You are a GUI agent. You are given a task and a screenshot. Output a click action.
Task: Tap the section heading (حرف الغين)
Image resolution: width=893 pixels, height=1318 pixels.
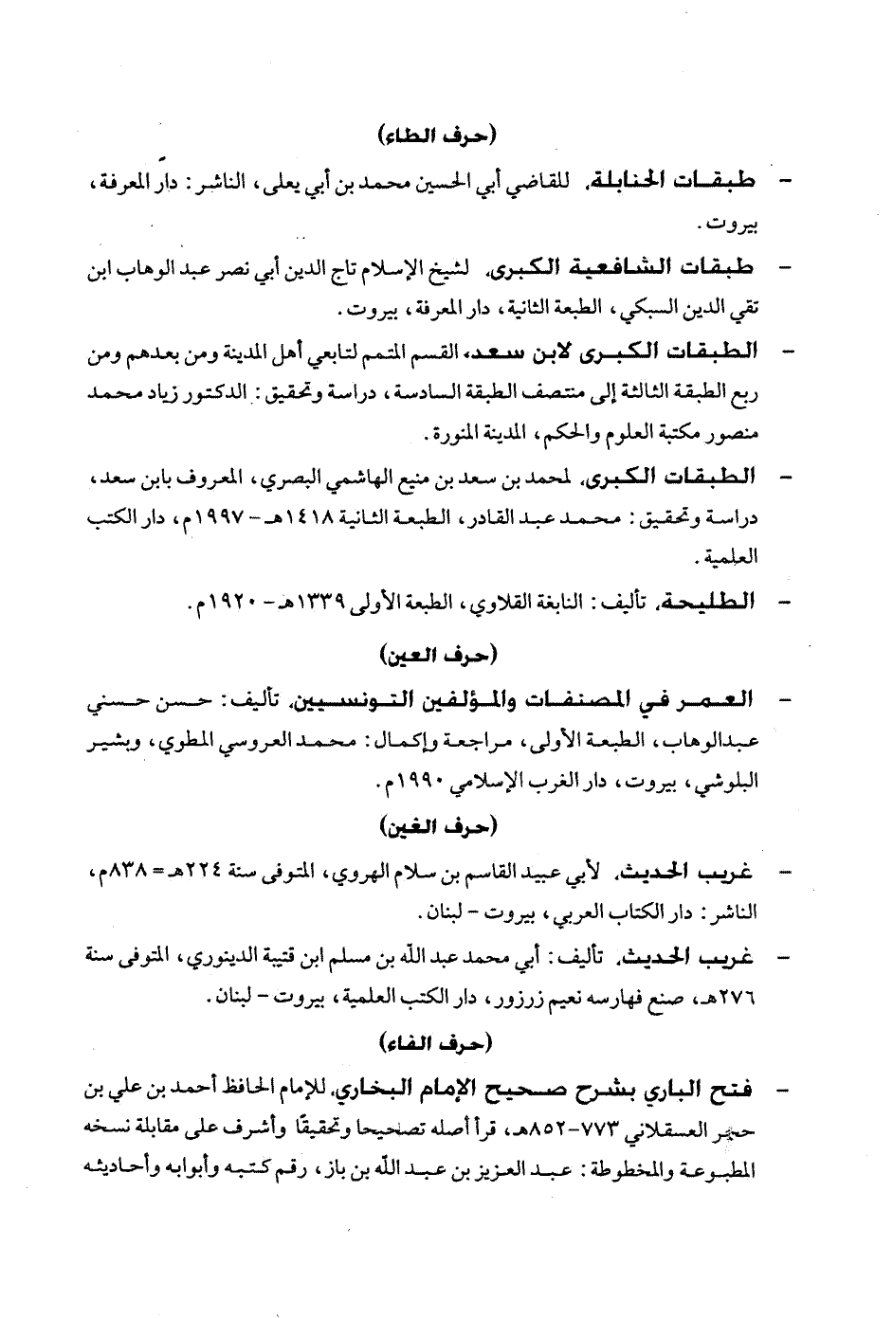(446, 827)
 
